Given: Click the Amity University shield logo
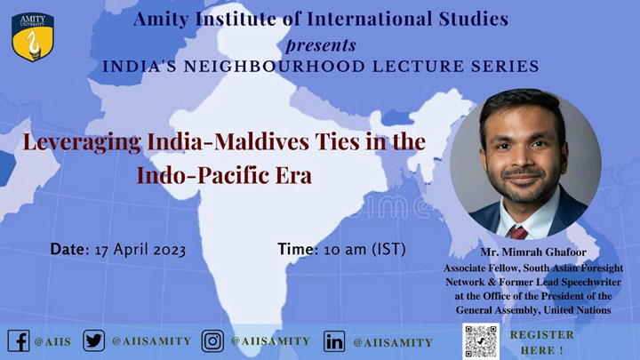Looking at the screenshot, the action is [33, 36].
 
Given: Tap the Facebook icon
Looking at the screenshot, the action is [19, 340].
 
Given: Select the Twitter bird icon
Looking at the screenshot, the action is [94, 340].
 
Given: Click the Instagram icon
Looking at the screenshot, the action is [212, 340].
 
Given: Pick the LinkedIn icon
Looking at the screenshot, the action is [334, 341].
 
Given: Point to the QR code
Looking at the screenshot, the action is [481, 341].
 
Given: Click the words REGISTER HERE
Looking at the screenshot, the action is [541, 342].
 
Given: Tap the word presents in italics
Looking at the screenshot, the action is [321, 45].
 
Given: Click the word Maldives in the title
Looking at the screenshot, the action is [262, 141].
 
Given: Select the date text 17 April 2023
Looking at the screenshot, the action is [140, 250].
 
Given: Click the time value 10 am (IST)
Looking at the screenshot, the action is [365, 249].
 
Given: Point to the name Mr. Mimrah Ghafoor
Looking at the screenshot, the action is [533, 252].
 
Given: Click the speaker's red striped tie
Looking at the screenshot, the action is [517, 232].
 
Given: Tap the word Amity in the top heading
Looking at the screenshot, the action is [161, 20].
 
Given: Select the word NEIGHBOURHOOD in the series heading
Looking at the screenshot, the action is [275, 66].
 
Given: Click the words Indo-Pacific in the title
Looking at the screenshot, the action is [203, 175].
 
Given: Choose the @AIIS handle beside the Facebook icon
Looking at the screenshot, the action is [52, 341].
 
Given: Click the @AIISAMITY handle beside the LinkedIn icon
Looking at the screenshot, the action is [393, 343].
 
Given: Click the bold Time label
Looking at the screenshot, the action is [298, 249].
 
